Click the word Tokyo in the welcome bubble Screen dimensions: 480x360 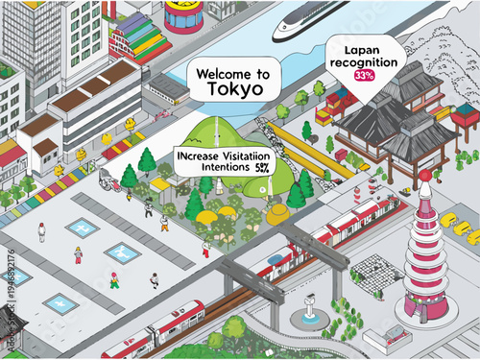click(234, 89)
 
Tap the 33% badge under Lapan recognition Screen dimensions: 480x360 click(364, 75)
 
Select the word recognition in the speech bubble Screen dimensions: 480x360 click(365, 61)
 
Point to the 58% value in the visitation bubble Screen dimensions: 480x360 click(262, 166)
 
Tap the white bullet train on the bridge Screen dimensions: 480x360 click(309, 20)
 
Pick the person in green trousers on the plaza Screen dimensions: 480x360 click(114, 279)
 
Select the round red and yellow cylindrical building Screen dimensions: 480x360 click(183, 14)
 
